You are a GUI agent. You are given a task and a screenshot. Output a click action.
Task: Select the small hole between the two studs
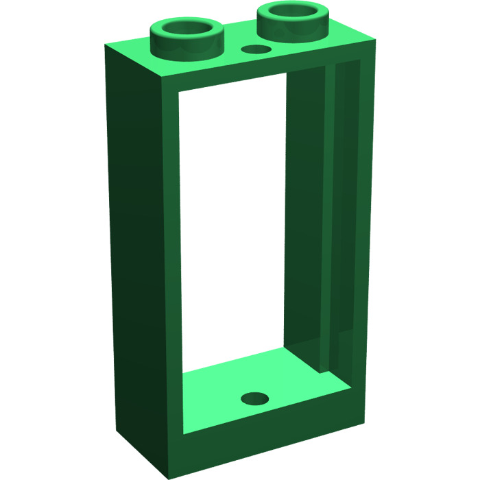(x=257, y=50)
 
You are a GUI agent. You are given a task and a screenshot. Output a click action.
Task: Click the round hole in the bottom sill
(x=255, y=398)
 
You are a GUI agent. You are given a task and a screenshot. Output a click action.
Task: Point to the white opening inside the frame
(x=233, y=226)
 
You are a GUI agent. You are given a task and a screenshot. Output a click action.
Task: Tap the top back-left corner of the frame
(x=105, y=47)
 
